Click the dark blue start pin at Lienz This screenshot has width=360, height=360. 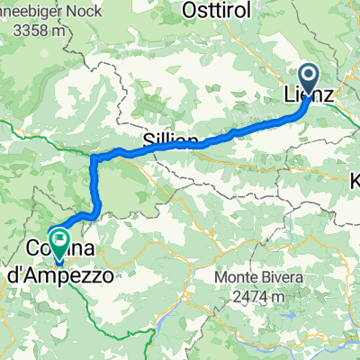307,76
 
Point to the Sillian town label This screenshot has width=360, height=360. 170,139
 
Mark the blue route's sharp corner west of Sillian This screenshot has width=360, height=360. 94,158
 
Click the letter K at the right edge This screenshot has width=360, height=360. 354,182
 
